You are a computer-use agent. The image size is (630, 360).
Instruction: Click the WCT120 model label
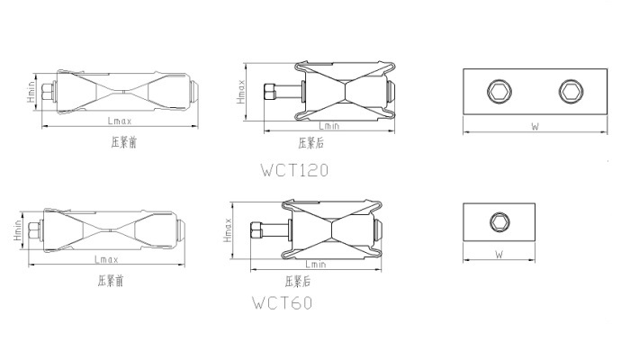click(294, 170)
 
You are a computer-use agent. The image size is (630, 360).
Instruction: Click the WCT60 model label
click(282, 302)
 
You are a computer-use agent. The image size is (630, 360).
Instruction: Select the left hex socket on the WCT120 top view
click(499, 91)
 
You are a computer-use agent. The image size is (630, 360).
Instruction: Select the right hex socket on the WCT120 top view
click(571, 91)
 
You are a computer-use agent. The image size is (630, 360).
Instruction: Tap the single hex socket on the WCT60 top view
click(499, 222)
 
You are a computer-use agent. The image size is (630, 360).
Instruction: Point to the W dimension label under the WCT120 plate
click(535, 126)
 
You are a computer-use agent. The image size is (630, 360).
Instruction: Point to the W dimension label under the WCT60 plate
click(499, 255)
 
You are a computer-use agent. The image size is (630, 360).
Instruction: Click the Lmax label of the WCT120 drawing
click(120, 121)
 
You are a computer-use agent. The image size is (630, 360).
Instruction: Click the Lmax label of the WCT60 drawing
click(106, 259)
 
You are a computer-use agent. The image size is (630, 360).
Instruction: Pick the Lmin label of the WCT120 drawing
click(329, 126)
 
